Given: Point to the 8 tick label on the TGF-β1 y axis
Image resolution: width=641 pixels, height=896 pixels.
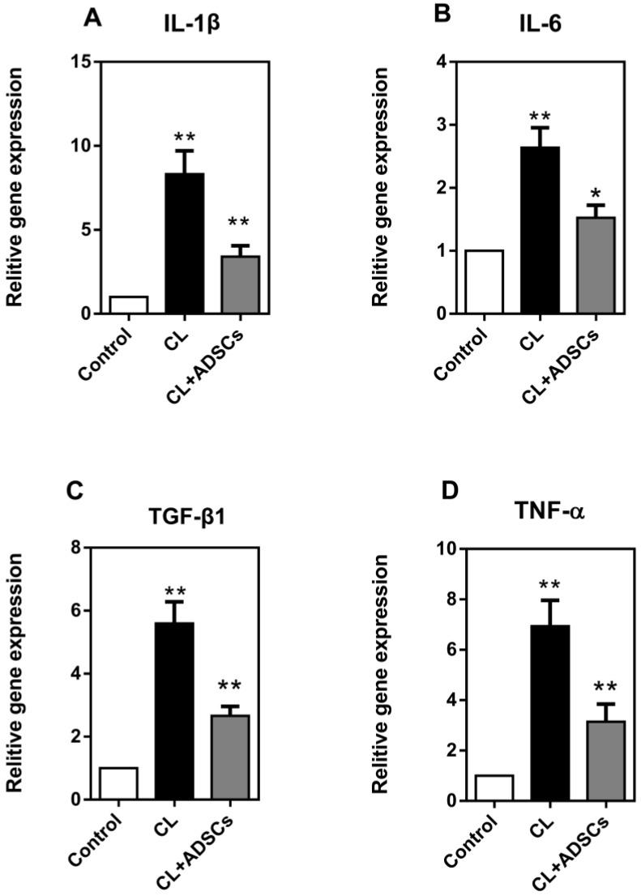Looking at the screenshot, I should [74, 548].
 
